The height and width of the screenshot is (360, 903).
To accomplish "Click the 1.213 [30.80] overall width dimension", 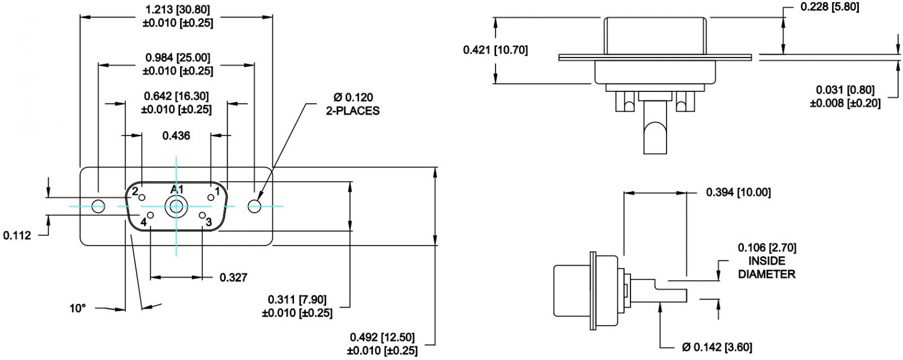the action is point(177,16).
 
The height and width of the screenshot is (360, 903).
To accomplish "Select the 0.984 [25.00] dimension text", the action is point(177,64).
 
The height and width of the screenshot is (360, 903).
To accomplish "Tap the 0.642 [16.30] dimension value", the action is point(176,103).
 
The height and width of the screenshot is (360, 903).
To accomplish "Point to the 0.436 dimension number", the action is point(176,135).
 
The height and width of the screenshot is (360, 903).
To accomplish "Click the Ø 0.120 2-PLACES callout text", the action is point(353,104).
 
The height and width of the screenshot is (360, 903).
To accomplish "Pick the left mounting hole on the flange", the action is point(98,206).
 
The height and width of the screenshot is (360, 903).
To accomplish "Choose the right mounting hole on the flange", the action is point(255,206).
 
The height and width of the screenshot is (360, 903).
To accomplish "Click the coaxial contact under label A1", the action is point(176,207).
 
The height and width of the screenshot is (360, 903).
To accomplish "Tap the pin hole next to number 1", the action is point(211,197).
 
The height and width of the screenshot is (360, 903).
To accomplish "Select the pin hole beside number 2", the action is point(142,197).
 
